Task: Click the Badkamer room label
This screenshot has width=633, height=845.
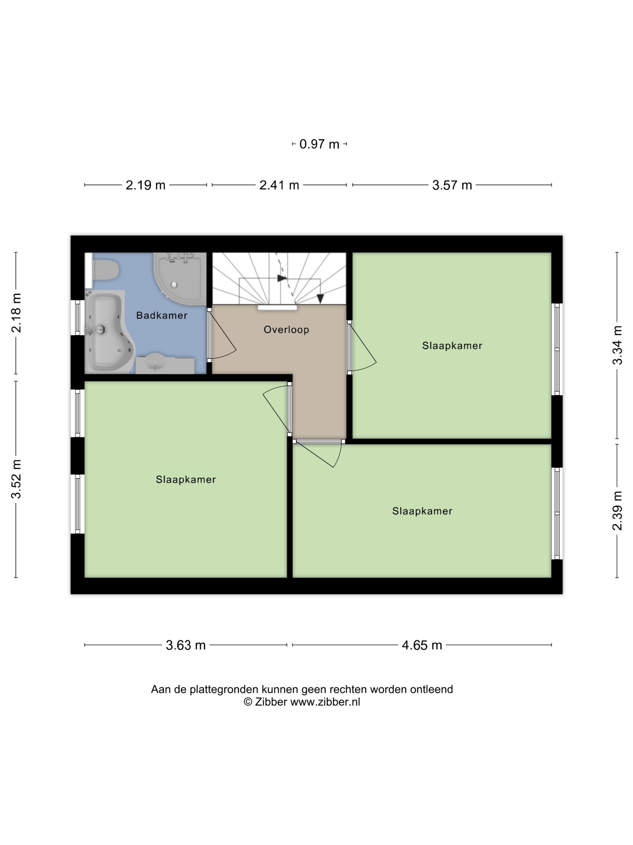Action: point(162,316)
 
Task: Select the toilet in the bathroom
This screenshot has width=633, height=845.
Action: point(106,270)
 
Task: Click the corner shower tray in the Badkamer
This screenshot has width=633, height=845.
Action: point(178,279)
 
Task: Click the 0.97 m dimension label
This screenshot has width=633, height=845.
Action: point(319,144)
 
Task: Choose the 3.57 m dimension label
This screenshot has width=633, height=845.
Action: point(452,185)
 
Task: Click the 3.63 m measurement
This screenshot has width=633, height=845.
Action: point(186,645)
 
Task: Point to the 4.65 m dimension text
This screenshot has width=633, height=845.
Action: point(422,645)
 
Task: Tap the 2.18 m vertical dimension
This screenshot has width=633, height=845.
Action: point(16,313)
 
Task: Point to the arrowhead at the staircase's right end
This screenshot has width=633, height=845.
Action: point(320,299)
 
